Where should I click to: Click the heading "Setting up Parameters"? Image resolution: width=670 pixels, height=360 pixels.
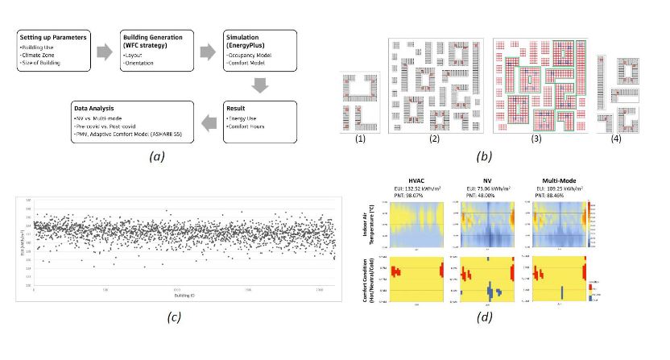pos(54,37)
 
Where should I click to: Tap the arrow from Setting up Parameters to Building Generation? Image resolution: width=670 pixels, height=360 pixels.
pos(105,52)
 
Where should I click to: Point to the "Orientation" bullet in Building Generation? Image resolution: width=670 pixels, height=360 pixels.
pos(143,56)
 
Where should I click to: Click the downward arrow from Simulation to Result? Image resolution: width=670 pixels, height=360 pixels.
pos(259,83)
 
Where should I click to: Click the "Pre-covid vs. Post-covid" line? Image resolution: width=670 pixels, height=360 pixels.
pos(105,125)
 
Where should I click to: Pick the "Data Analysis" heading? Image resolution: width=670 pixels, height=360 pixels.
pos(95,106)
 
